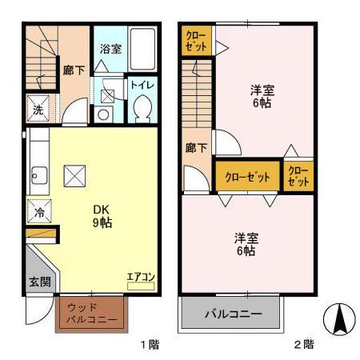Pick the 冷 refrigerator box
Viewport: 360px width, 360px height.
coord(38,213)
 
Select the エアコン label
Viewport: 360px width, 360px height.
coord(141,277)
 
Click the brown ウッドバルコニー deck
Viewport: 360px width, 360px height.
coord(91,314)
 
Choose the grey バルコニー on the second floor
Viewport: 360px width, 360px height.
coord(231,313)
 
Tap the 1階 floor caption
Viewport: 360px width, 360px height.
coord(150,345)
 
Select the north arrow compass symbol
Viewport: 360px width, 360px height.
coord(339,320)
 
